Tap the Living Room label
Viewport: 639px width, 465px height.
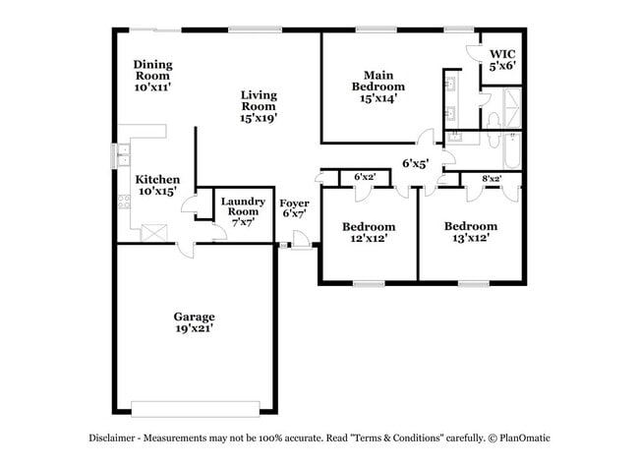click(259, 106)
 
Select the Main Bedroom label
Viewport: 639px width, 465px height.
click(378, 87)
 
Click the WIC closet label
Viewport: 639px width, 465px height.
click(502, 60)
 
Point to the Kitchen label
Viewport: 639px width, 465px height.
click(157, 185)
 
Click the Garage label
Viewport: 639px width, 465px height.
click(194, 322)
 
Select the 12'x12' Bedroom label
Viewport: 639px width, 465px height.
click(370, 232)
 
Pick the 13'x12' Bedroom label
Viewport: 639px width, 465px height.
click(469, 232)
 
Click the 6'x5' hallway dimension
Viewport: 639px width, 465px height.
click(415, 164)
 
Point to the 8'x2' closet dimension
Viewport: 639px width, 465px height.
click(492, 178)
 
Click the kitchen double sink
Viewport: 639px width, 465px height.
click(124, 155)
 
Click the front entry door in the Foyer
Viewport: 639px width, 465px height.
click(302, 239)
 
